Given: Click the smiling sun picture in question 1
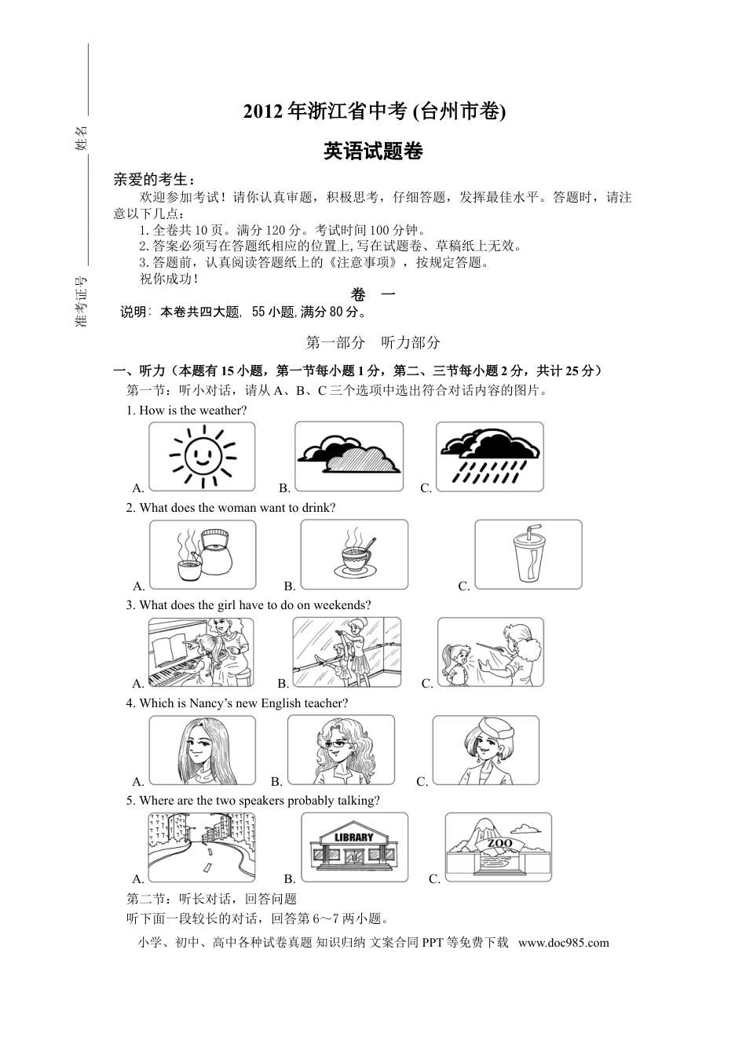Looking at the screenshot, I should pyautogui.click(x=203, y=456).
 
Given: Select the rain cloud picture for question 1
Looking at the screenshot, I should pyautogui.click(x=489, y=456).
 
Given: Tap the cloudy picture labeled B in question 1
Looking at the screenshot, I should pyautogui.click(x=349, y=456).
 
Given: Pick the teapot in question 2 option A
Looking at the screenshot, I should pyautogui.click(x=214, y=553).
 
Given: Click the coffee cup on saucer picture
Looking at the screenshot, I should pyautogui.click(x=354, y=554).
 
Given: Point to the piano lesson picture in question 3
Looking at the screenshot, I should pyautogui.click(x=202, y=652).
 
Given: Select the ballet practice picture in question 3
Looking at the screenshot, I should pyautogui.click(x=346, y=652).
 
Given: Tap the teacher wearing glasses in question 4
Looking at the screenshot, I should pyautogui.click(x=341, y=750).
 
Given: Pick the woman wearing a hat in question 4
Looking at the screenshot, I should pyautogui.click(x=486, y=750).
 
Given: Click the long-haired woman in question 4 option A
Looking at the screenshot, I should pyautogui.click(x=202, y=750).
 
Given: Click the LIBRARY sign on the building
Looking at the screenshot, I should pyautogui.click(x=354, y=837).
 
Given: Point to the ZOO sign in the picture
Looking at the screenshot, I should pyautogui.click(x=499, y=844).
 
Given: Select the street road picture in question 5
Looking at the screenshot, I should pyautogui.click(x=202, y=847).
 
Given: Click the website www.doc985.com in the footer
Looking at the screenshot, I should pyautogui.click(x=564, y=943).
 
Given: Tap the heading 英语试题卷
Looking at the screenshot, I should pyautogui.click(x=373, y=151).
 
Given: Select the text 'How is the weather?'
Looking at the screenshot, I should pyautogui.click(x=193, y=410).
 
